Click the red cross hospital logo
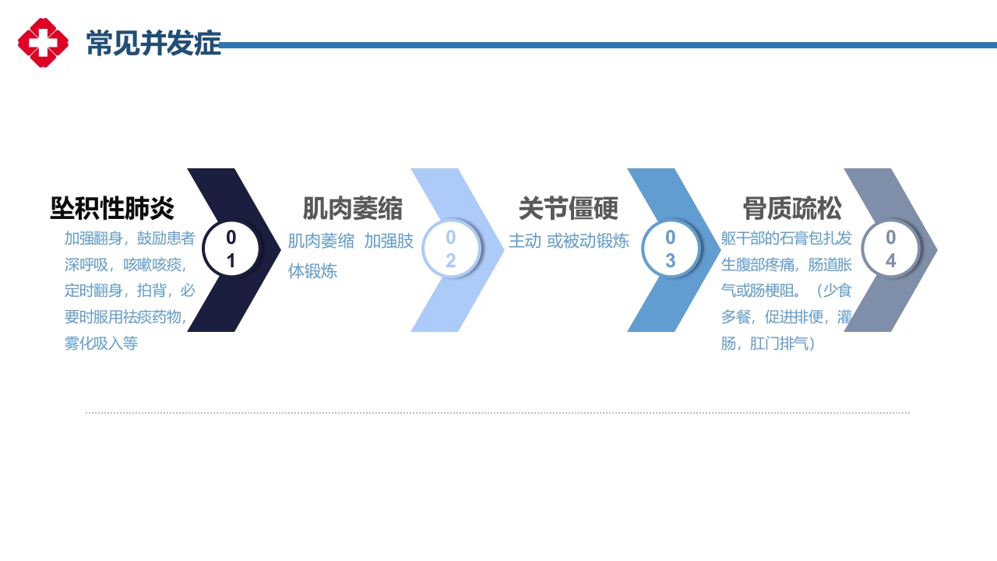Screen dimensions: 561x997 point(43,43)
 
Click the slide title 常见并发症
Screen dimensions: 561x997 point(153,44)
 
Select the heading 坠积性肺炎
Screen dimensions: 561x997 point(113,209)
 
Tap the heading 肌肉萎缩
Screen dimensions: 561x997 point(353,209)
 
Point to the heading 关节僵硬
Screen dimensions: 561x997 point(569,209)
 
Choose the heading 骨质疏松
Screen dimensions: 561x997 point(792,209)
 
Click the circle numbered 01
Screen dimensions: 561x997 point(231,249)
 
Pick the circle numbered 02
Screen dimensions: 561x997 point(450,249)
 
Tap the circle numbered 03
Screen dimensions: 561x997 point(670,249)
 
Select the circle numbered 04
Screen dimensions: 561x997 point(890,249)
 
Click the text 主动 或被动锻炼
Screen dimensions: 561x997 point(569,242)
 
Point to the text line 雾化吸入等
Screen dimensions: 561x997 point(101,344)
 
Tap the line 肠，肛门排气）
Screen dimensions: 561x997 point(768,343)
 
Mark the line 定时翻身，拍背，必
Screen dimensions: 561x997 point(129,291)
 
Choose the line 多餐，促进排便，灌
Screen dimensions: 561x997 point(787,317)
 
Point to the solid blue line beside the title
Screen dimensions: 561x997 point(608,45)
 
